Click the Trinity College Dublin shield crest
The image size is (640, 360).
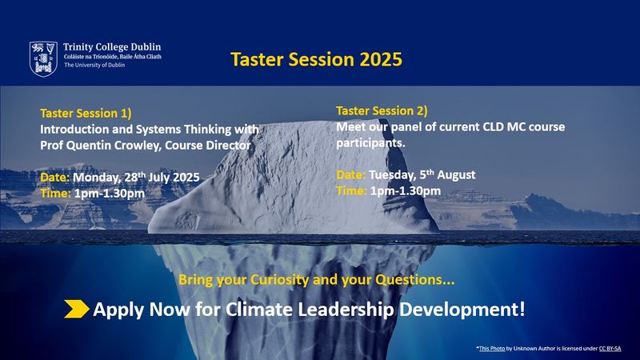point(43,58)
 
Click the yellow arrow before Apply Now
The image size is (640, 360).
point(77,309)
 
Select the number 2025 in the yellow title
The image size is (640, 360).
point(381,59)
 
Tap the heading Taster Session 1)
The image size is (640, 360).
point(86,113)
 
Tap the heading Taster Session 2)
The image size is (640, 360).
point(382,110)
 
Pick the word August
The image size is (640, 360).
point(456,175)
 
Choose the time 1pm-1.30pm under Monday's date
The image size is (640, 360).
point(110,194)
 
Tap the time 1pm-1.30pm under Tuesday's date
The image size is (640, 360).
point(406,191)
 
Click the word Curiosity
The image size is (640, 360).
point(279,280)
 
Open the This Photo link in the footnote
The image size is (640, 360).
point(492,349)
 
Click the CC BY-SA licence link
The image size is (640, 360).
point(610,349)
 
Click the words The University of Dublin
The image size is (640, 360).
point(94,65)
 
